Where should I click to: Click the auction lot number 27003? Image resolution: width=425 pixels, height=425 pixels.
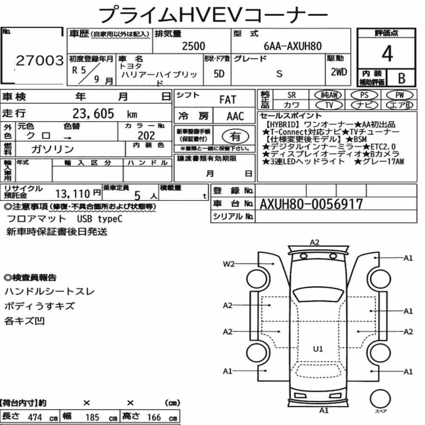point(40,60)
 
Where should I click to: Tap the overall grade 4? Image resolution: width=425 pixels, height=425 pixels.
point(387,54)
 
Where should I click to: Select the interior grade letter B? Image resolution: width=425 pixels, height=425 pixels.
point(402,78)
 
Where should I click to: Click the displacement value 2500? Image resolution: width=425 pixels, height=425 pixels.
point(193,46)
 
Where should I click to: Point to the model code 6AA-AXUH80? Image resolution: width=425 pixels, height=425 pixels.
point(293,46)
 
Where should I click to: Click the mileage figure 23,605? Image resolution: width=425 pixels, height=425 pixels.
point(93,113)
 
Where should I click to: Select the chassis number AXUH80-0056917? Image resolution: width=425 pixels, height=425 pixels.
point(311,204)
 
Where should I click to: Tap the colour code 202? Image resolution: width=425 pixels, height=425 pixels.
point(146,136)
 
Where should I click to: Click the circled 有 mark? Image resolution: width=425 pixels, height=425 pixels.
point(235,136)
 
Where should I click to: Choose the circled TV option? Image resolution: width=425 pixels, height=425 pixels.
point(329,105)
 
